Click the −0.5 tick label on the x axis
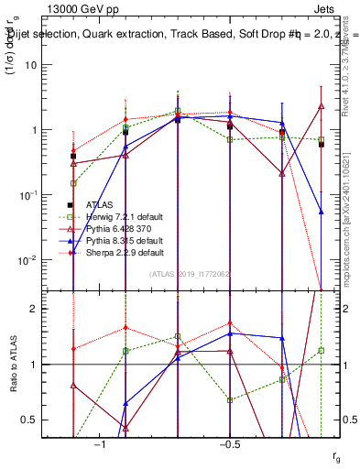(229, 444)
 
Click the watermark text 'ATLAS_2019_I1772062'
(190, 273)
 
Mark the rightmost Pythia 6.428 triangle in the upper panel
(322, 106)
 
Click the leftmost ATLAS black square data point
(73, 157)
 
